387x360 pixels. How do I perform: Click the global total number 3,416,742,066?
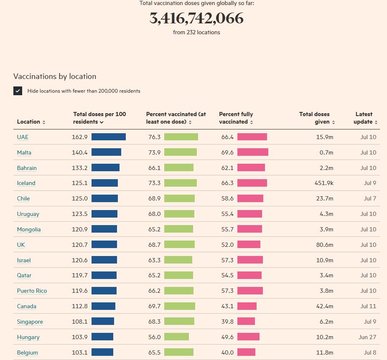196,18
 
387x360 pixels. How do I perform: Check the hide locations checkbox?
18,91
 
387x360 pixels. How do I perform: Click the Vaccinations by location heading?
55,76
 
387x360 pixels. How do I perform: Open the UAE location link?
23,137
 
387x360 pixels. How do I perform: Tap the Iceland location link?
26,183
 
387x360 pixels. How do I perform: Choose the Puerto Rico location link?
32,291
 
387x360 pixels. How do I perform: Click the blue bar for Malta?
106,152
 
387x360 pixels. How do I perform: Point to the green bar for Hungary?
176,337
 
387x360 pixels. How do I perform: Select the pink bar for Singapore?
246,322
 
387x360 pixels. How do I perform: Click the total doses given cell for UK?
324,245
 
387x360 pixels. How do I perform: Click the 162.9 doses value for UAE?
80,137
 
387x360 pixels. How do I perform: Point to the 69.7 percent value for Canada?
154,306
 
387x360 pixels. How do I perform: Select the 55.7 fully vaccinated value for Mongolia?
227,229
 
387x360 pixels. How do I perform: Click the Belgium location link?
27,352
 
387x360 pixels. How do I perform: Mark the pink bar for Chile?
250,198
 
